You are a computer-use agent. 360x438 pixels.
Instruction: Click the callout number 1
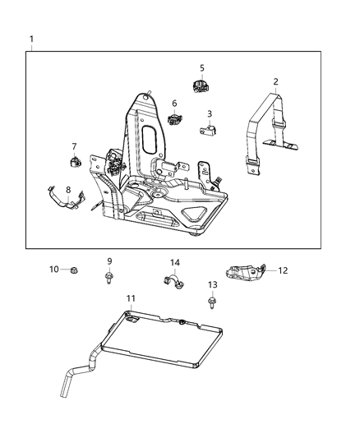31,39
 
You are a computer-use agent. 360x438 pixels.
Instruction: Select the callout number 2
275,81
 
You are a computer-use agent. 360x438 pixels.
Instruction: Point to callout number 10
53,269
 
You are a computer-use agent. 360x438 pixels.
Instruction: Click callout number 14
174,263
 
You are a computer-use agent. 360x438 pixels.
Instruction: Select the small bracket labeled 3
209,129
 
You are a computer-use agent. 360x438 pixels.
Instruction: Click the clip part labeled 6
174,119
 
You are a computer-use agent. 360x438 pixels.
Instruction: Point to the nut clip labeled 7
73,161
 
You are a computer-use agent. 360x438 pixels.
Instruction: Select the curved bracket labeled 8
62,201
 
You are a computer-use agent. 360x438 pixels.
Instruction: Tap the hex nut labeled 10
73,269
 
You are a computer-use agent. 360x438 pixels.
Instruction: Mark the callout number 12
283,270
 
